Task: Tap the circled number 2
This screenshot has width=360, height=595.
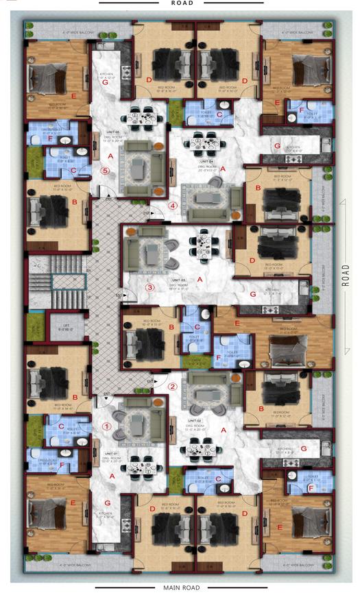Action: (173, 386)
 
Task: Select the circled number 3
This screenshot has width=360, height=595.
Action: (150, 287)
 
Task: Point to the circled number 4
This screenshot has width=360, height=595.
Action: (173, 205)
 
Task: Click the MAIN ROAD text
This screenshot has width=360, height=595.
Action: (182, 587)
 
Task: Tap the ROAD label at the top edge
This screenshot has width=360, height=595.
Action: (182, 3)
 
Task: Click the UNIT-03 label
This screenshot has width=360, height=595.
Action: (178, 280)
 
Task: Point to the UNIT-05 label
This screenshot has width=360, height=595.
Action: (112, 132)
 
